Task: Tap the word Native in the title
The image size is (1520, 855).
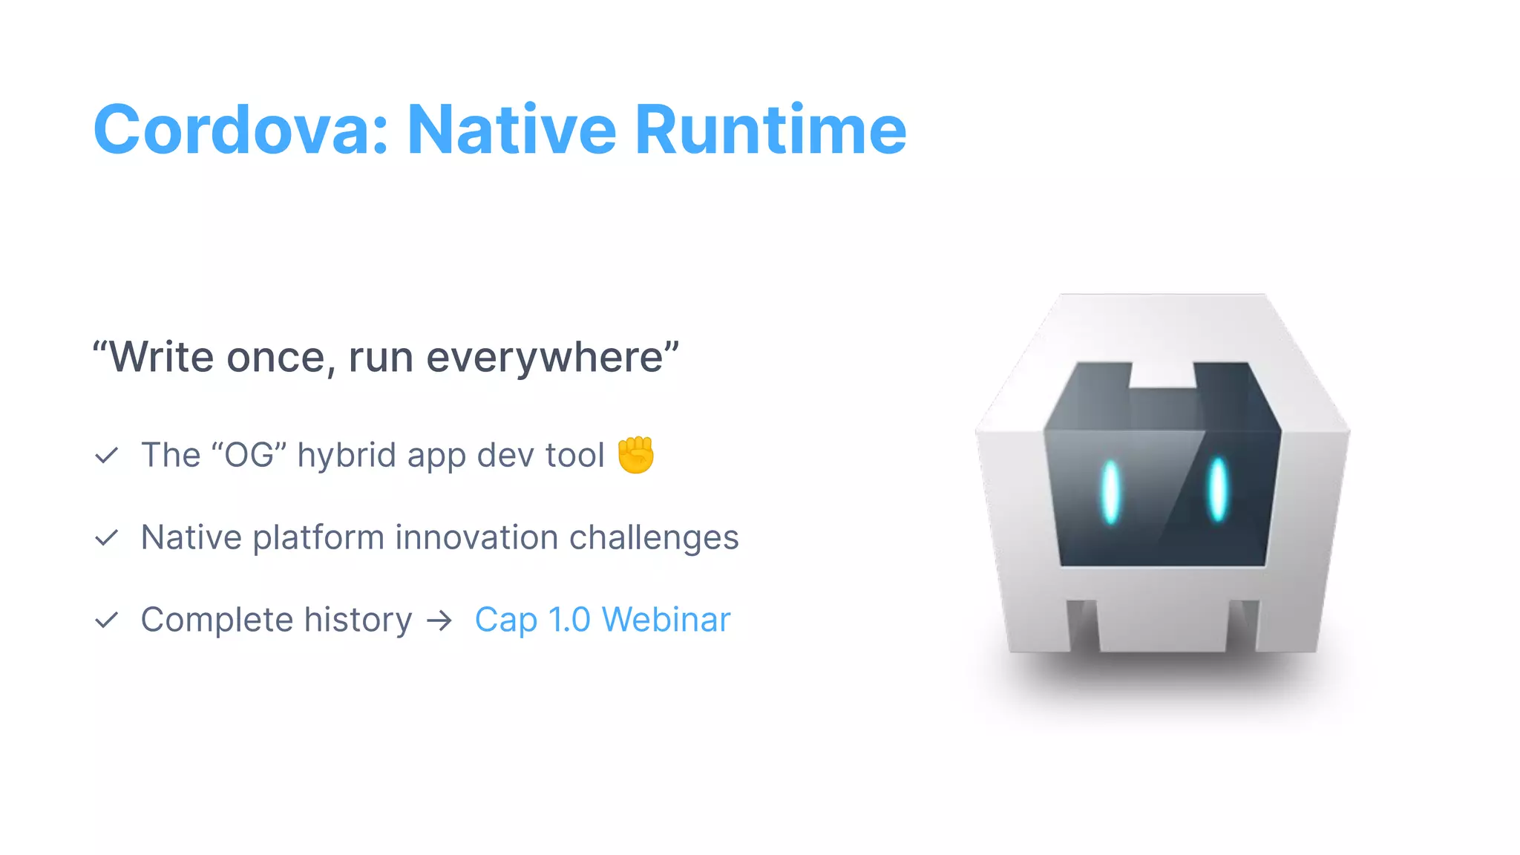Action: click(x=511, y=131)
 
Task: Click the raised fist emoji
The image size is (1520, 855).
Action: click(x=636, y=455)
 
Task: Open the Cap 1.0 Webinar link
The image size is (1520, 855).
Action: click(x=602, y=620)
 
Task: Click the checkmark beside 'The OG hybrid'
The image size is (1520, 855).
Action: click(x=107, y=456)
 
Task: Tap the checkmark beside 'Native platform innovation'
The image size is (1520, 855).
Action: click(x=107, y=538)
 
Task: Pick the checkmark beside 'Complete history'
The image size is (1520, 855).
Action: click(x=107, y=620)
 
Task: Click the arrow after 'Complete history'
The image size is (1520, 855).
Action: click(x=439, y=620)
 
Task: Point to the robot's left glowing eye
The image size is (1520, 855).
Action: click(x=1110, y=492)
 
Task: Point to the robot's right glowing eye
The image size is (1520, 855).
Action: click(x=1218, y=489)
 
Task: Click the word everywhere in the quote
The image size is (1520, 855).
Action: click(x=545, y=358)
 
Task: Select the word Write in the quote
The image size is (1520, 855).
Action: click(x=163, y=357)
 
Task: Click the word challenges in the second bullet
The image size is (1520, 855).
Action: click(x=654, y=537)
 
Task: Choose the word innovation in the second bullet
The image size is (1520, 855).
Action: click(x=476, y=537)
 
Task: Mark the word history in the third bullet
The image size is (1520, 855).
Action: click(x=358, y=620)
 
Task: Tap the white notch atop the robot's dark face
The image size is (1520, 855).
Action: click(x=1162, y=375)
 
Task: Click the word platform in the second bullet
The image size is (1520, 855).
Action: click(x=318, y=538)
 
